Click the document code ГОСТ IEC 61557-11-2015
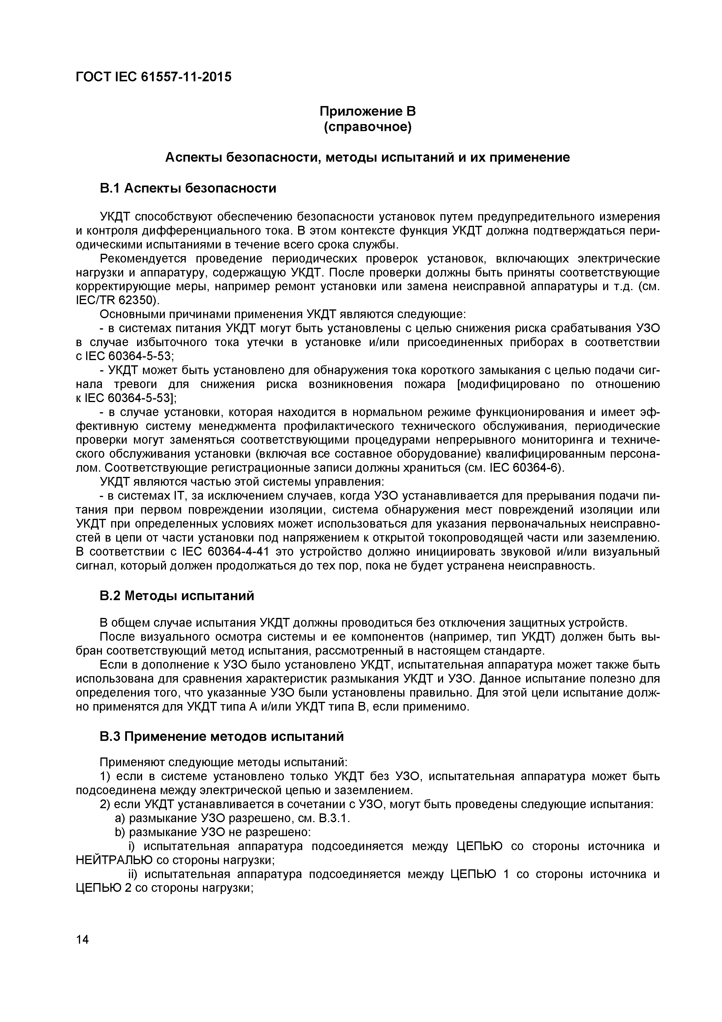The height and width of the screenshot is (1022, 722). [x=153, y=77]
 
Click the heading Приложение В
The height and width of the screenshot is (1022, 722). [x=367, y=111]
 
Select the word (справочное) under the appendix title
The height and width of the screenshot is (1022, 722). [x=367, y=127]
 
